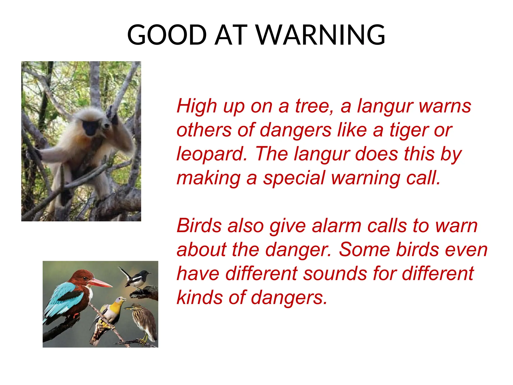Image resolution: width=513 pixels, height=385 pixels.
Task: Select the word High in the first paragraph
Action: click(x=197, y=106)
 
